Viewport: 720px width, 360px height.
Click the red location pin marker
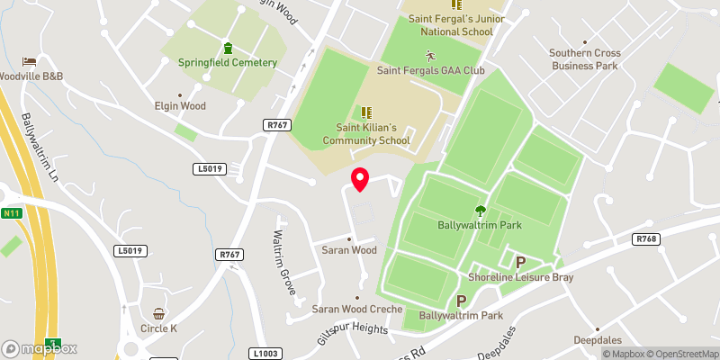click(x=360, y=179)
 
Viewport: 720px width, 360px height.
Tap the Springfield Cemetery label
click(x=227, y=63)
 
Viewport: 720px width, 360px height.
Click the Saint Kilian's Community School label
click(x=365, y=133)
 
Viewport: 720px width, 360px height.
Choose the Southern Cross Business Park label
click(x=585, y=58)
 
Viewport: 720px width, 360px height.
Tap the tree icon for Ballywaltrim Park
click(x=481, y=210)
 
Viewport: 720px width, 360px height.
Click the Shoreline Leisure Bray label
click(x=520, y=277)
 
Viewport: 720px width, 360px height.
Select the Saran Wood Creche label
click(x=357, y=309)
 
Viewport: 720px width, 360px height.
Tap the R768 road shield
click(x=646, y=239)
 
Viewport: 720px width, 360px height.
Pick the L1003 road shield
click(x=266, y=354)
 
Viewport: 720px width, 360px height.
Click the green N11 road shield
click(x=12, y=213)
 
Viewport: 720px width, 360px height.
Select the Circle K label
click(x=158, y=328)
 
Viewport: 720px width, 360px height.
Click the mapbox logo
click(x=40, y=348)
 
